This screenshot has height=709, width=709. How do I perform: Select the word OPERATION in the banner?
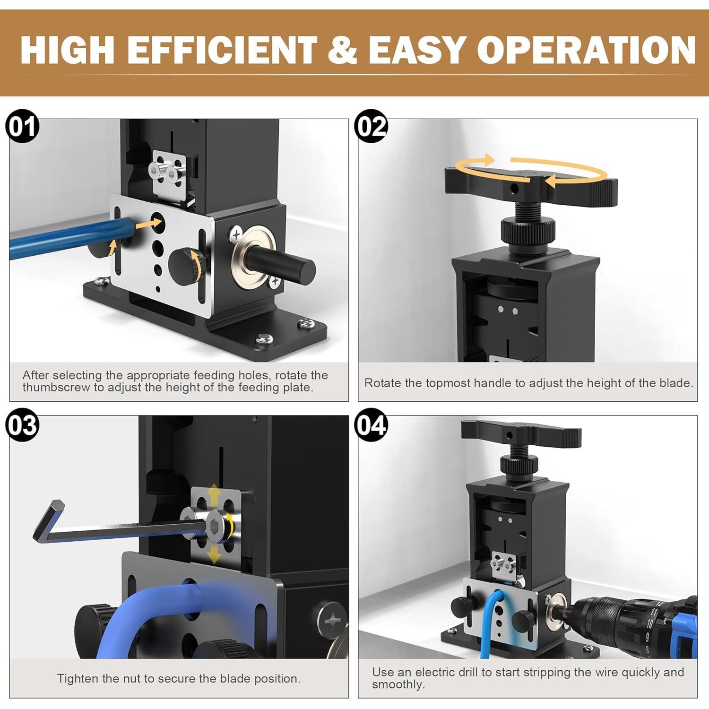point(586,50)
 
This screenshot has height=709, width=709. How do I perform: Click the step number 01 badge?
point(22,127)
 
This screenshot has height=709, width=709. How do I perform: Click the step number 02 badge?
point(371,126)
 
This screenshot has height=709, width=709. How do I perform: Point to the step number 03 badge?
point(22,425)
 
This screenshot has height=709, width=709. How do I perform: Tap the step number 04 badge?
point(371,425)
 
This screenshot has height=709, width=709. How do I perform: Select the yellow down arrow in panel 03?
point(214,553)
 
